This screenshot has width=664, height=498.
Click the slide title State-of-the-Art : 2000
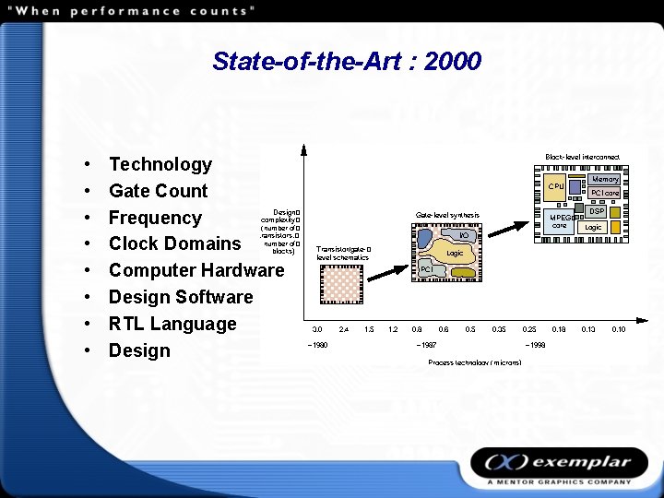point(346,62)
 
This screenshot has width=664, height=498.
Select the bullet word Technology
point(160,164)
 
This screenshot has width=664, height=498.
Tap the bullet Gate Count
point(158,191)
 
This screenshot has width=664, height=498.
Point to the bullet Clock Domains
point(174,243)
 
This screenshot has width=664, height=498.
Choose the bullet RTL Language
point(172,324)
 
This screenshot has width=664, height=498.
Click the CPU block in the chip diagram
point(555,186)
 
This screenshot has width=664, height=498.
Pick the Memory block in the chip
point(605,180)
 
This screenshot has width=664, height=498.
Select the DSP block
point(597,211)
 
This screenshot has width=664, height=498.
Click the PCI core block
point(605,194)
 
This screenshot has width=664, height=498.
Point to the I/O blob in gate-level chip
point(464,236)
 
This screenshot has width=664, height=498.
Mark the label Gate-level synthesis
point(447,215)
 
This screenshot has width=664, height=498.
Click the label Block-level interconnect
point(582,157)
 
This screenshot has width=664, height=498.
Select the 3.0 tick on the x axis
point(316,328)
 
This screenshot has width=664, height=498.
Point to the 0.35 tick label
point(499,328)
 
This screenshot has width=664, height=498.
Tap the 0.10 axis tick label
point(619,328)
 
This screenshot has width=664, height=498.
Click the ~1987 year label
point(426,345)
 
